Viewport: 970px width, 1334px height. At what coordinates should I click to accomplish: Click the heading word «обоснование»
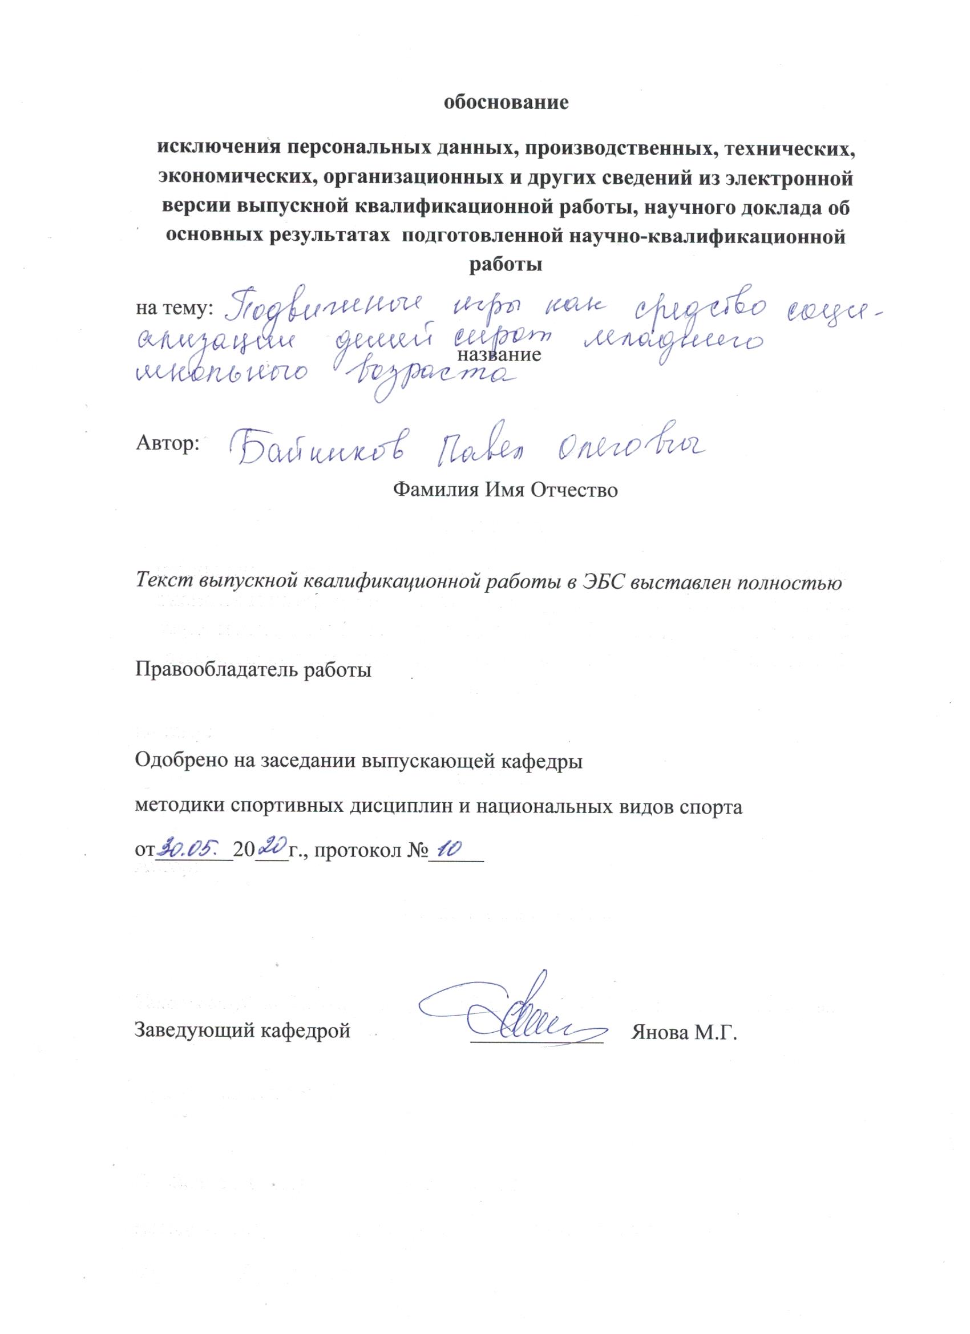[506, 102]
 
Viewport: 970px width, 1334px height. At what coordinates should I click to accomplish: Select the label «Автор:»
[168, 443]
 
